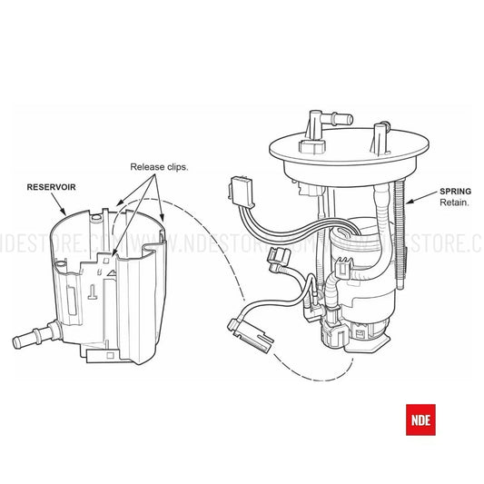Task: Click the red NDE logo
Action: pos(420,420)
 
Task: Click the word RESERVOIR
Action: pos(51,187)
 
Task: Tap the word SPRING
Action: pos(455,192)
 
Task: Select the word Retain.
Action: pos(454,202)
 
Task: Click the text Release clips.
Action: pos(159,167)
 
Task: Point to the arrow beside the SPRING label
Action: pos(421,198)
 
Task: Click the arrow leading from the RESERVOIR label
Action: pos(59,204)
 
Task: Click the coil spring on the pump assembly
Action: pos(400,234)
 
